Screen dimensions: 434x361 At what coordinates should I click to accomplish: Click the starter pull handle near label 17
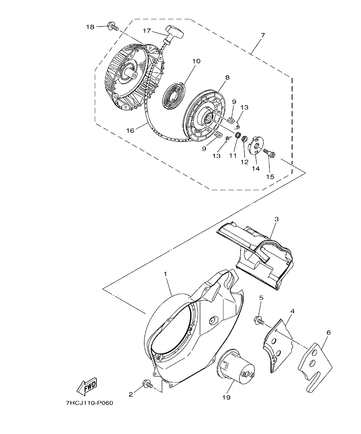(174, 32)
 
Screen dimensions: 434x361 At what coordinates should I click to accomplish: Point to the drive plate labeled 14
(257, 146)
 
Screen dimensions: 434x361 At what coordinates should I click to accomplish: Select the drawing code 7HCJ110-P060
(90, 403)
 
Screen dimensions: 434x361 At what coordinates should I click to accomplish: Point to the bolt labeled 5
(259, 320)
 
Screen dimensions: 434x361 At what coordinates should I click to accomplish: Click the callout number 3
(276, 219)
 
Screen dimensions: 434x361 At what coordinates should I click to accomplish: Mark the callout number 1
(165, 274)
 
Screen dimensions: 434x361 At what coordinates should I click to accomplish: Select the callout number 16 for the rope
(130, 130)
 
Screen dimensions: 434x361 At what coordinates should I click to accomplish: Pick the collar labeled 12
(245, 139)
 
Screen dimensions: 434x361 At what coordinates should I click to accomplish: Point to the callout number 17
(147, 31)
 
